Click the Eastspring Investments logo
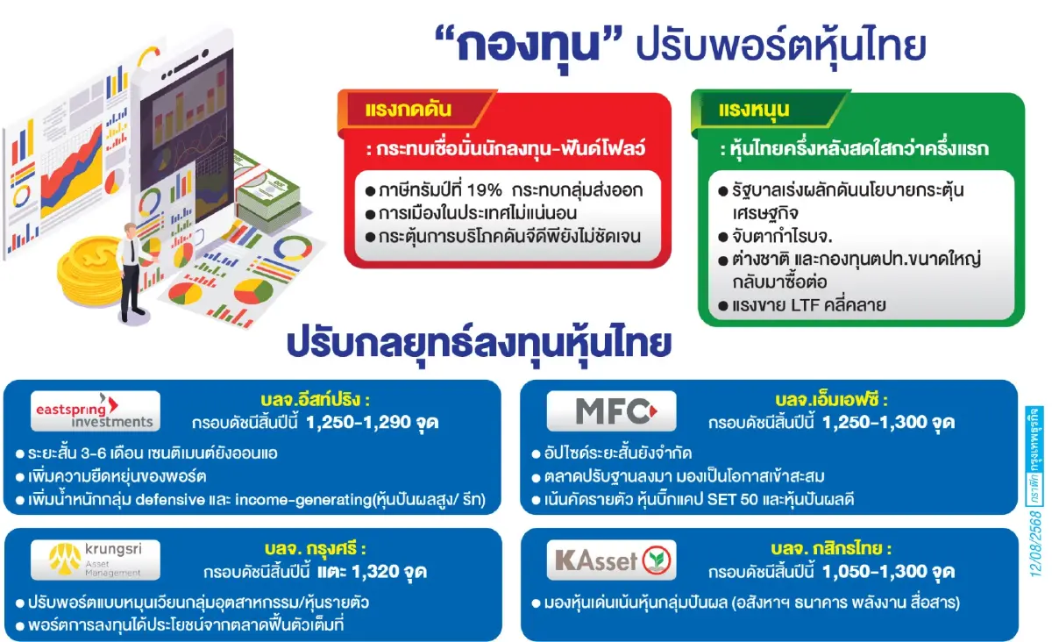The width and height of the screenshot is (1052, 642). [x=95, y=411]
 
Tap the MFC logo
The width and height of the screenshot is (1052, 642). [x=611, y=411]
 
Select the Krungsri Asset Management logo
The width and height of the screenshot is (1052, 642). [x=96, y=560]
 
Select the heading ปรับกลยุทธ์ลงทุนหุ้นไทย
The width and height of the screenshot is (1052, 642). [x=479, y=343]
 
